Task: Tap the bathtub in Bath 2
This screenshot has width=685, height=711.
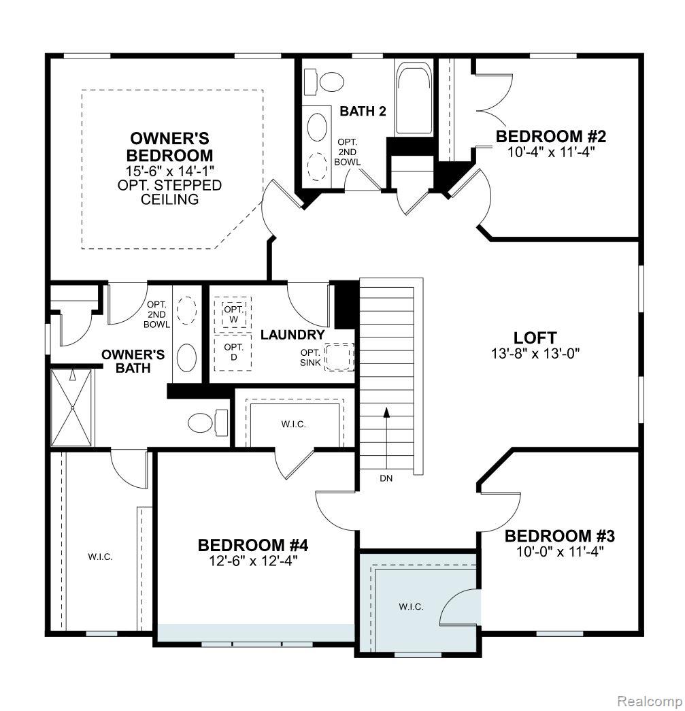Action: coord(413,99)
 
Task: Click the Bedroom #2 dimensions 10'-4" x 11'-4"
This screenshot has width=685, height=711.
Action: coord(551,152)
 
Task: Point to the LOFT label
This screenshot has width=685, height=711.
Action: coord(535,337)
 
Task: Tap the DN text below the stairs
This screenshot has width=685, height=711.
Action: coord(386,478)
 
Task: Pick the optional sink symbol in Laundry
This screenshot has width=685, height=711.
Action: coord(339,357)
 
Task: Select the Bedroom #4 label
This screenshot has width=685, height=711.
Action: coord(244,545)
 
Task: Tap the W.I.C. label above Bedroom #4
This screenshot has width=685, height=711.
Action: coord(294,424)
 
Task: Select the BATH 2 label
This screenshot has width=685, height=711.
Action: coord(363,111)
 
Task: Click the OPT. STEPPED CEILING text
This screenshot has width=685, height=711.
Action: coord(169,192)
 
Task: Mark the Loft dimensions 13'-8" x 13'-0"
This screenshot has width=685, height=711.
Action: coord(535,353)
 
